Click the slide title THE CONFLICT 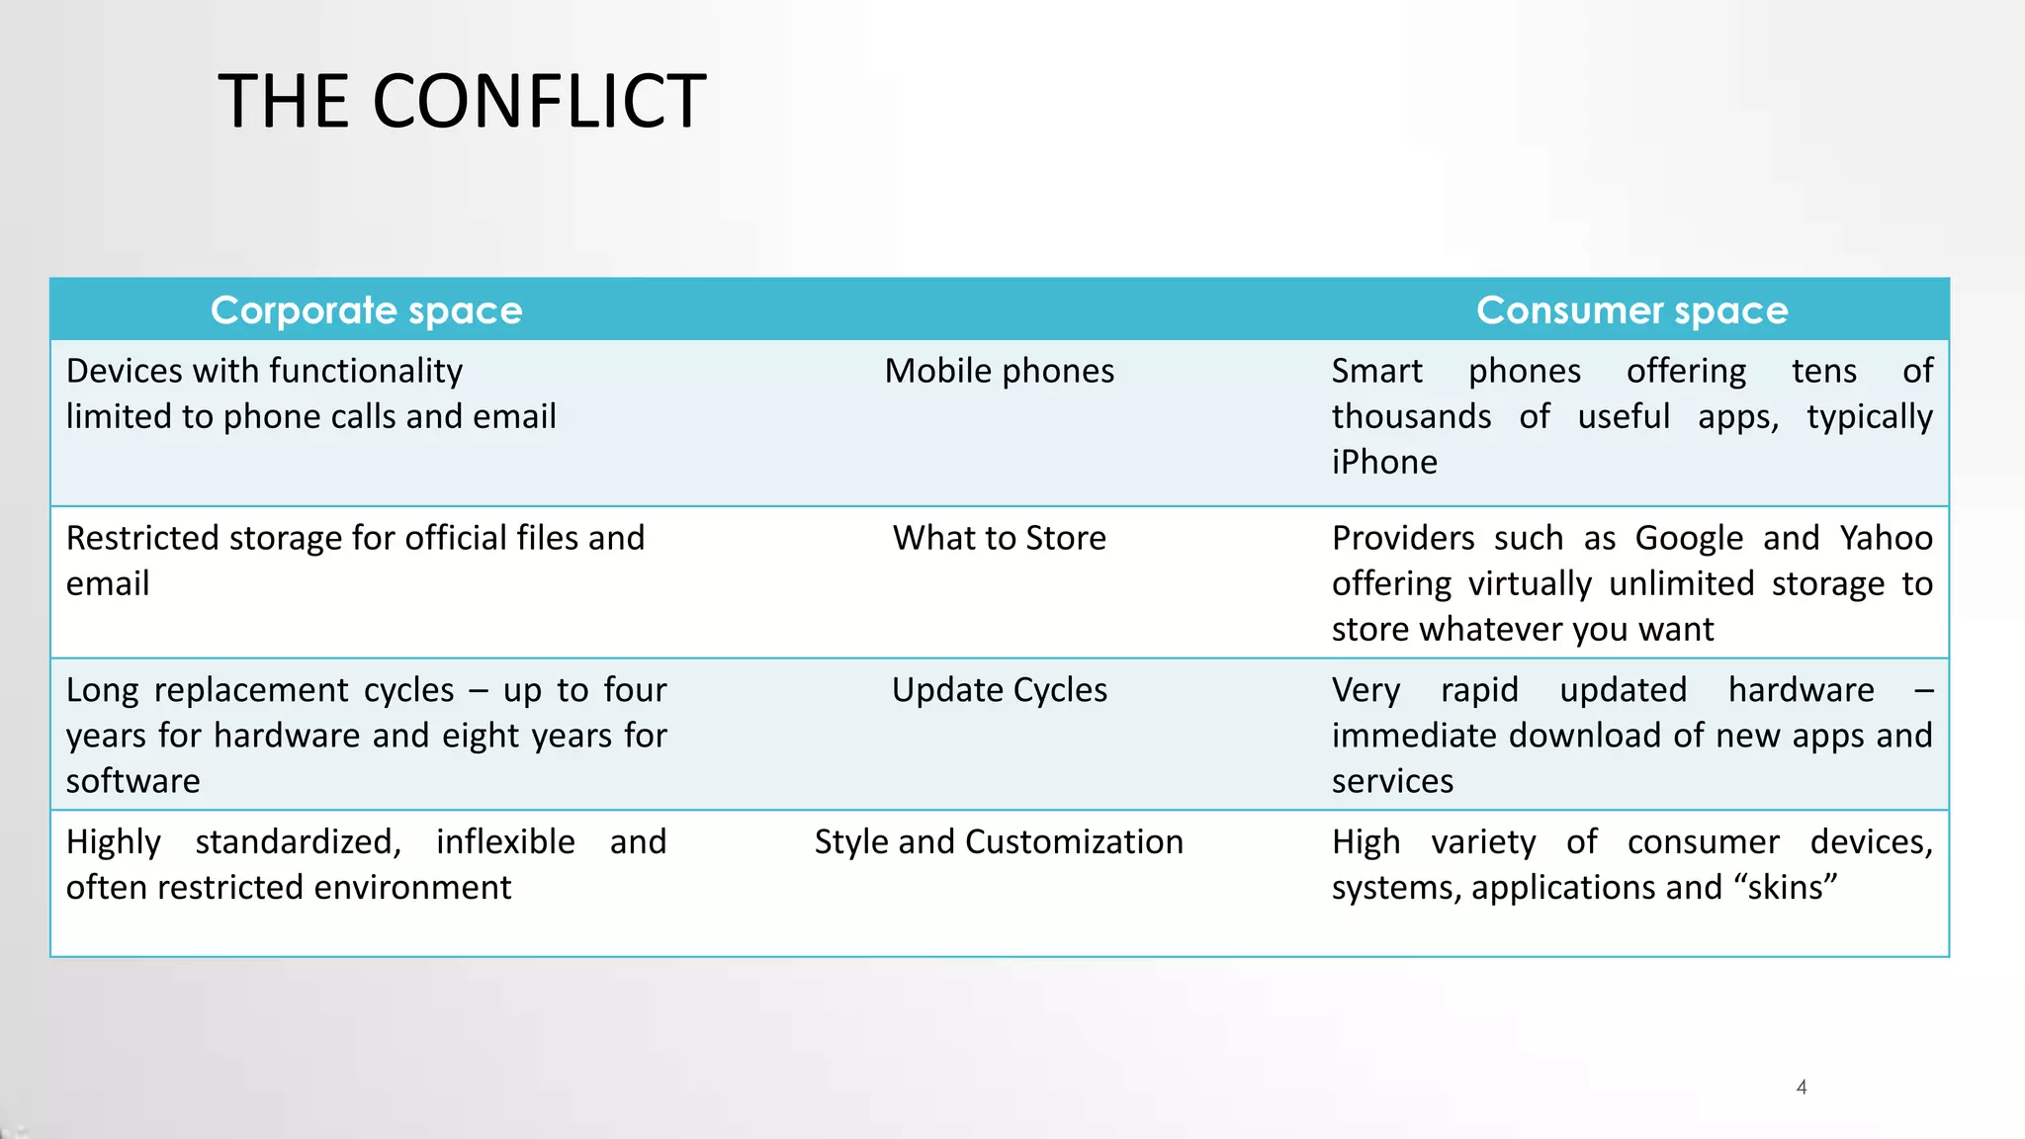[x=462, y=102]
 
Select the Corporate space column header [x=366, y=310]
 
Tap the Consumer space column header [x=1631, y=310]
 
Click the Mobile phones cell [x=999, y=371]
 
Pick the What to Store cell [x=999, y=538]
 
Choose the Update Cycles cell [x=999, y=690]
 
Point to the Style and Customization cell [x=999, y=842]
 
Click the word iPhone [x=1384, y=463]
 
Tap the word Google [x=1689, y=539]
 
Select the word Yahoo [x=1886, y=538]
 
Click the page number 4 [x=1802, y=1088]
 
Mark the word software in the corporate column [x=133, y=781]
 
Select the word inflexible [x=505, y=842]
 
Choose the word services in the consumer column [x=1392, y=781]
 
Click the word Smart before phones [x=1376, y=371]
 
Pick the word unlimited [x=1681, y=583]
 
